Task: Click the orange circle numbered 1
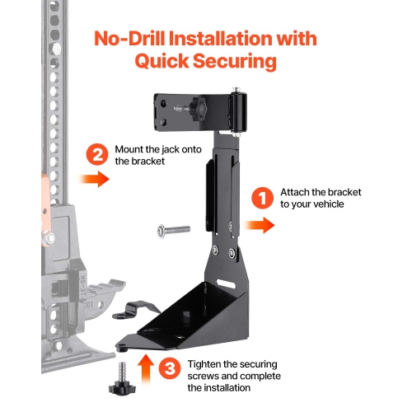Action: (261, 197)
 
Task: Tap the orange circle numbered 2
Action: (96, 153)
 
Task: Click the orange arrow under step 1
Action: (260, 226)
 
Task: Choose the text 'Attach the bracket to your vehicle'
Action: (321, 197)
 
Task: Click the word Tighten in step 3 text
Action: (208, 363)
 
